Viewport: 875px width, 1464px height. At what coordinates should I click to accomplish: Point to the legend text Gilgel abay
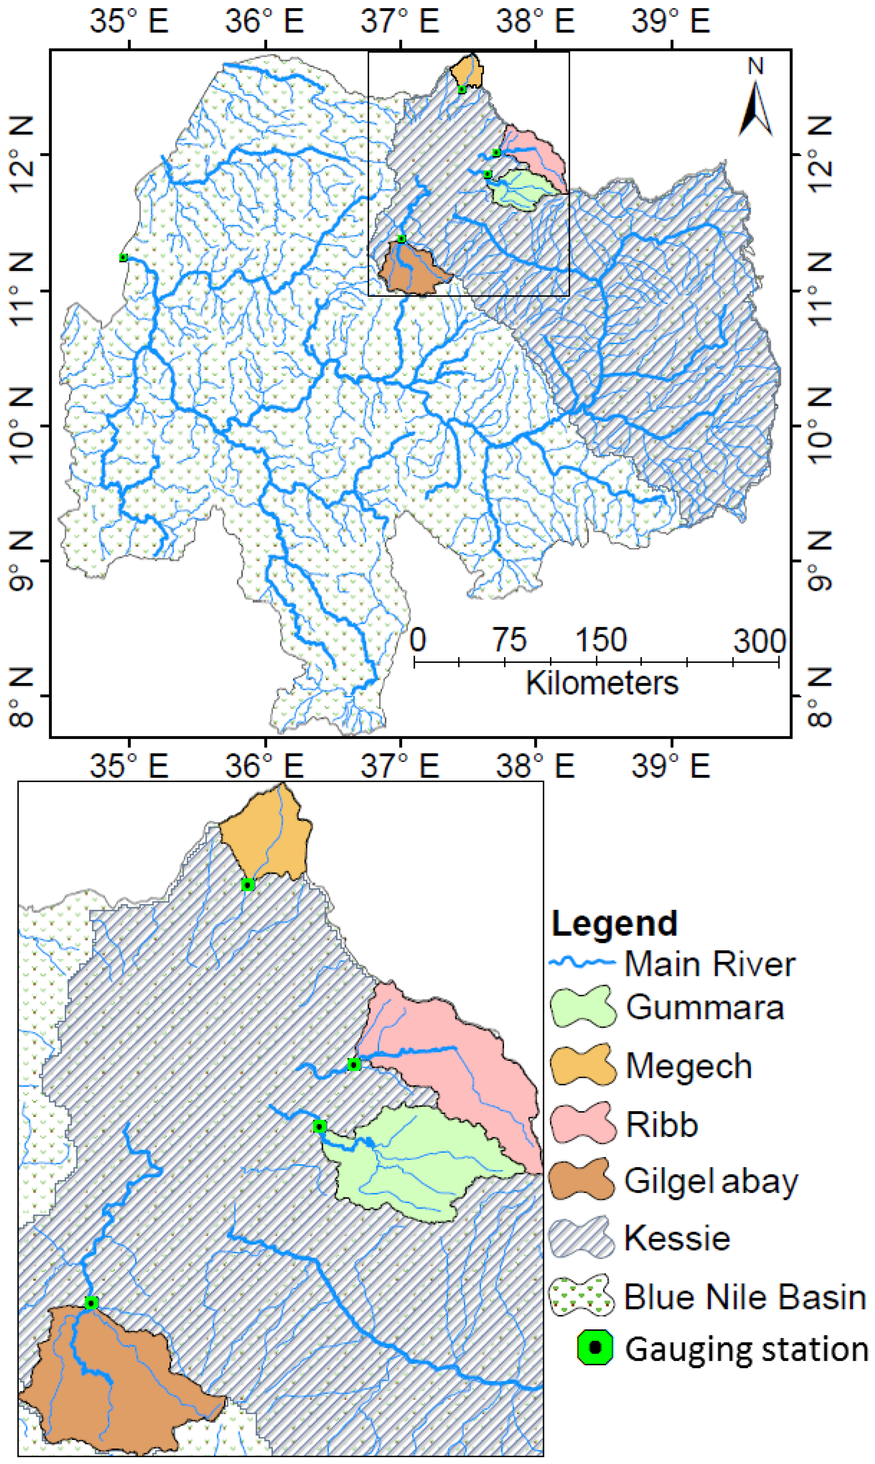pos(711,1181)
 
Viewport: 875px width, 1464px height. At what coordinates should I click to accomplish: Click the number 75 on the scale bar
pos(510,640)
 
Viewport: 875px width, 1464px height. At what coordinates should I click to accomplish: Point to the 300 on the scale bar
pos(759,640)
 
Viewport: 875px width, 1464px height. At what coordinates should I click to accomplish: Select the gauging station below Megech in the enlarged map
pos(248,884)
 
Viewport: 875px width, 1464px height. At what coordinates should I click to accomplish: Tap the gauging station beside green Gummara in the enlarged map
pos(320,1127)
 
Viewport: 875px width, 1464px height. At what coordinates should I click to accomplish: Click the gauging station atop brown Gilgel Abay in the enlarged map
pos(91,1303)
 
